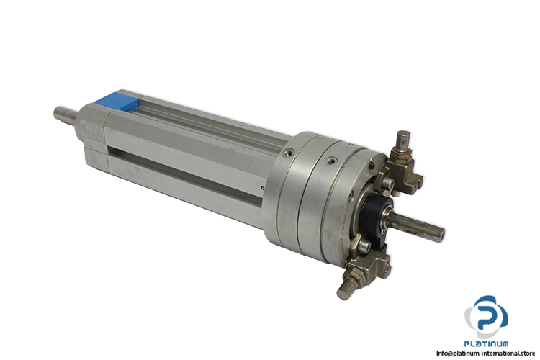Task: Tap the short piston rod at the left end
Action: pyautogui.click(x=66, y=114)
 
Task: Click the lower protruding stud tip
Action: pyautogui.click(x=345, y=291)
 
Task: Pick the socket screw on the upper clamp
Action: pyautogui.click(x=389, y=184)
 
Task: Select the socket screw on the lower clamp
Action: pyautogui.click(x=364, y=246)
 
